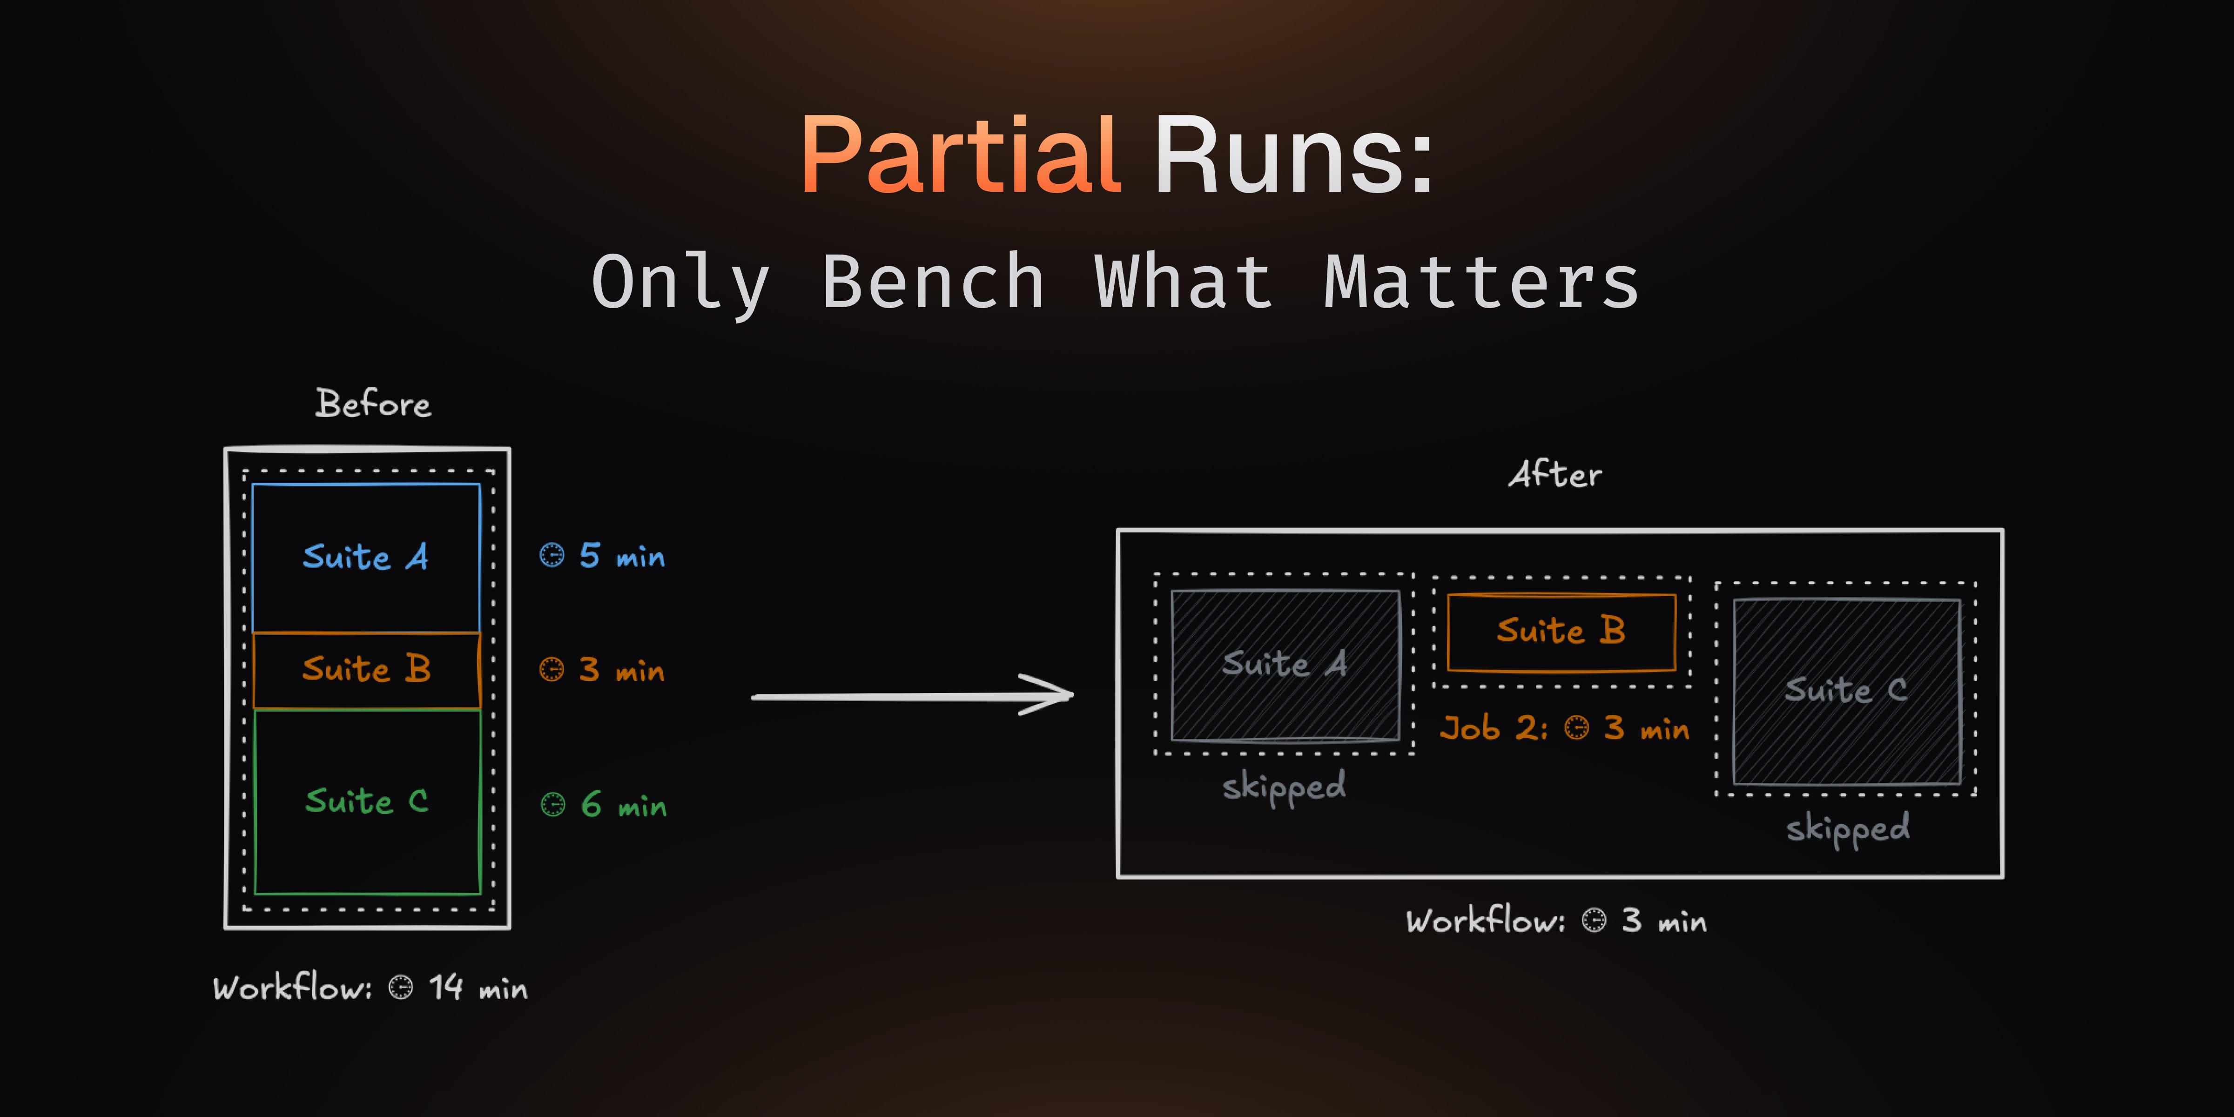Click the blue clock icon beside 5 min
coord(552,555)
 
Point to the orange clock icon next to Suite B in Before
coord(552,670)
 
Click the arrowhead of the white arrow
coord(1054,695)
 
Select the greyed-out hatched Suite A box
coord(1285,665)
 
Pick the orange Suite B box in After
coord(1561,632)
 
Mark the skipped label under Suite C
coord(1847,829)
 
